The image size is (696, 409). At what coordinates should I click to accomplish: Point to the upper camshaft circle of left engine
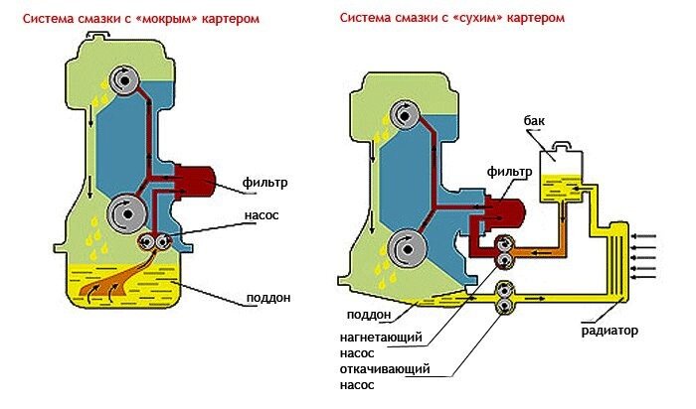pos(126,80)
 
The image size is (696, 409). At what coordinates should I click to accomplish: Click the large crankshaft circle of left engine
pos(126,211)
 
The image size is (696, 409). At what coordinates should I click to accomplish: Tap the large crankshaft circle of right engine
pos(405,245)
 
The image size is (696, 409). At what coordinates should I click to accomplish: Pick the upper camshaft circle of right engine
pos(405,117)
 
